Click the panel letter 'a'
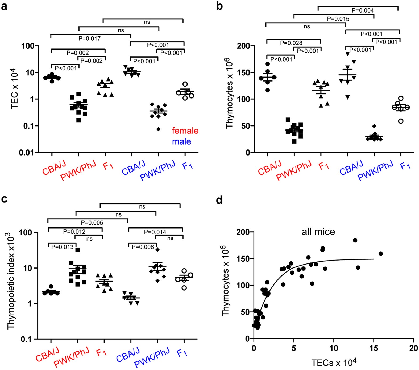click(4, 6)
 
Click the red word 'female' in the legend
click(185, 131)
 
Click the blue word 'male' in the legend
click(181, 141)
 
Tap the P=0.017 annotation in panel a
click(89, 39)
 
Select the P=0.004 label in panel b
click(363, 10)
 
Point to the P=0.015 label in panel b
click(338, 19)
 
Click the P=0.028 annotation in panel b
click(291, 43)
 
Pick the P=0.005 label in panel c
click(92, 223)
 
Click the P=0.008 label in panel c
click(143, 247)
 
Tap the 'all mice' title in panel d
click(318, 232)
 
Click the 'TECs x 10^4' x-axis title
click(334, 363)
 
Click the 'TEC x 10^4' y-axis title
click(15, 89)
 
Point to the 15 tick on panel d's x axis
click(374, 348)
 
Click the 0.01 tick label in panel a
click(27, 153)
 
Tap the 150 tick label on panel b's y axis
click(244, 72)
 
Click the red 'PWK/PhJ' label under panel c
click(71, 357)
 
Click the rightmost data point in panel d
click(381, 254)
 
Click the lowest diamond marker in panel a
click(158, 129)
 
